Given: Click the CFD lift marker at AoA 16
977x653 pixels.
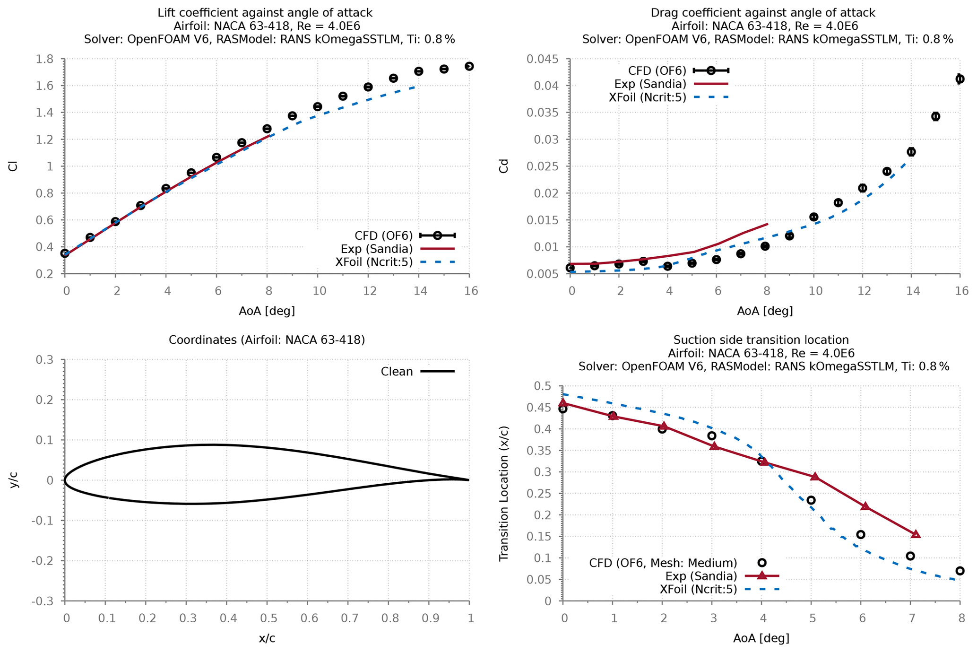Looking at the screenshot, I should coord(469,66).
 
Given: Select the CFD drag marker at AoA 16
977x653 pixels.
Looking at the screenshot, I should coord(960,79).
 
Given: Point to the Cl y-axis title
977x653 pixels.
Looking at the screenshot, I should coord(13,166).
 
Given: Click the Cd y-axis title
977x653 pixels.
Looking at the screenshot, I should coord(504,166).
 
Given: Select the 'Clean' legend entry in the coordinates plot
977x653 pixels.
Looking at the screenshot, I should coord(397,372).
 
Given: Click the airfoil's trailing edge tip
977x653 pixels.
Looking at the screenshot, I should coord(468,480).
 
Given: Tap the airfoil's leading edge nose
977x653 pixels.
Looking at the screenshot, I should coord(65,480).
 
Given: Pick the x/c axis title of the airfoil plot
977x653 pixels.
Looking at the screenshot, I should coord(267,638).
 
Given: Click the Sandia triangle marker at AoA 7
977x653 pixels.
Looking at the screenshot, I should coord(916,534).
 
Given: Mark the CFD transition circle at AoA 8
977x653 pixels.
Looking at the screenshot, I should coord(960,571).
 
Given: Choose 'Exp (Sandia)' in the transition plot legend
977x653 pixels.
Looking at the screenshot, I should coord(701,576).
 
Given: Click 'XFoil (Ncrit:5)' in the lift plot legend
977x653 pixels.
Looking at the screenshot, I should coord(374,262).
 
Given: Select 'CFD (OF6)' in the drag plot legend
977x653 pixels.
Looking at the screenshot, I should coord(657,71).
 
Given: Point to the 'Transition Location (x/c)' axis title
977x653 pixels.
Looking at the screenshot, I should coord(504,494).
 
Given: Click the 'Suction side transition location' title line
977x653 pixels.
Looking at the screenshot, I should coord(761,340).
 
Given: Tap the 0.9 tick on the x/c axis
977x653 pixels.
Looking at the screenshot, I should coord(429,618).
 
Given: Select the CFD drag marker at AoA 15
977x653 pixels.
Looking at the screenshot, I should coord(935,116).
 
